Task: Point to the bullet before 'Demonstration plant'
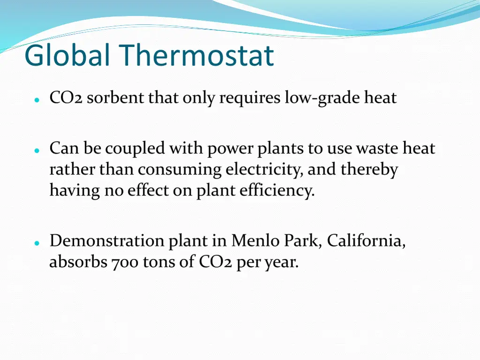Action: point(36,243)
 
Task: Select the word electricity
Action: point(264,170)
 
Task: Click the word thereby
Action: point(369,170)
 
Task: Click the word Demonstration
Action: point(107,241)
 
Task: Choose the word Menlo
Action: point(252,241)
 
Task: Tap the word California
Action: point(366,241)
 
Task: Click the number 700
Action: point(125,262)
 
